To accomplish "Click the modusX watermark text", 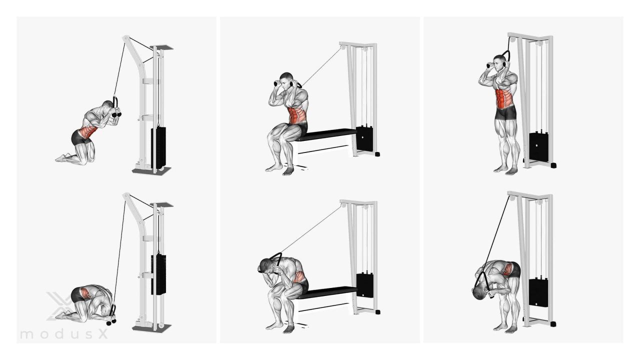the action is (x=64, y=333).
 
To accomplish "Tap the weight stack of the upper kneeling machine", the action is (x=158, y=147).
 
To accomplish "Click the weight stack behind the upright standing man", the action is (x=538, y=147).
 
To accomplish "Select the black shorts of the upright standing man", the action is (x=505, y=113).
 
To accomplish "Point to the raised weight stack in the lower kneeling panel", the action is (x=158, y=274).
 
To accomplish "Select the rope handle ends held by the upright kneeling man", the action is (x=116, y=114).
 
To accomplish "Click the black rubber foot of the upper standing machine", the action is (x=553, y=165).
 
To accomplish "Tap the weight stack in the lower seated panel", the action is (x=365, y=285).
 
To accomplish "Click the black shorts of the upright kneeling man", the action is (x=78, y=137).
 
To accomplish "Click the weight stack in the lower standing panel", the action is (x=538, y=292).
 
